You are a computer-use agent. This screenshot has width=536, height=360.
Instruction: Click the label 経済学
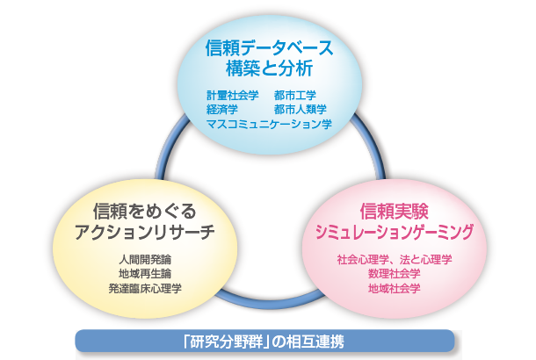click(x=222, y=110)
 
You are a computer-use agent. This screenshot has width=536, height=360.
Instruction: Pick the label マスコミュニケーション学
click(x=269, y=125)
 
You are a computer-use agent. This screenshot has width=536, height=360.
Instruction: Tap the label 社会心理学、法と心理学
click(x=394, y=260)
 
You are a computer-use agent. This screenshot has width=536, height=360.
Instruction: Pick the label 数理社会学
click(x=394, y=273)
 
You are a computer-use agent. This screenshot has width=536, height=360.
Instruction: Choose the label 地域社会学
click(x=394, y=287)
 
